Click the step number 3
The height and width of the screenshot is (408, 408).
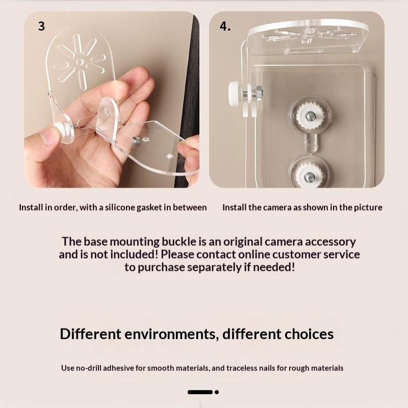pyautogui.click(x=41, y=27)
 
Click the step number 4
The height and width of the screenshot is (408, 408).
pyautogui.click(x=225, y=27)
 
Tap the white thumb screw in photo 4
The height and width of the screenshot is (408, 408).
pyautogui.click(x=236, y=94)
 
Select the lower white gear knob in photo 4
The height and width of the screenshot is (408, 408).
pyautogui.click(x=310, y=175)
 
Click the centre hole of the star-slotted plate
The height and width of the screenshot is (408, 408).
pyautogui.click(x=80, y=62)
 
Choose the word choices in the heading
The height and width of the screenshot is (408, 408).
pyautogui.click(x=309, y=334)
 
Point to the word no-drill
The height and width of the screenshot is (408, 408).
pyautogui.click(x=88, y=368)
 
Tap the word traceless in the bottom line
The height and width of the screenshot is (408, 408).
pyautogui.click(x=241, y=368)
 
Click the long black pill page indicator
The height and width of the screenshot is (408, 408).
pyautogui.click(x=200, y=392)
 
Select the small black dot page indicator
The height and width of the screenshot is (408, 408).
pyautogui.click(x=217, y=392)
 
